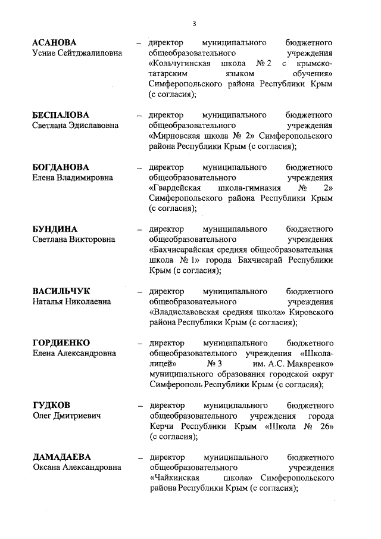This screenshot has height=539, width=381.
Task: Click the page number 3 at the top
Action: pyautogui.click(x=194, y=24)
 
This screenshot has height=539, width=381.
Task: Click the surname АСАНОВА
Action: pyautogui.click(x=54, y=43)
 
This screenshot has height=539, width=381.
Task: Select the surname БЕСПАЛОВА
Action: pyautogui.click(x=61, y=115)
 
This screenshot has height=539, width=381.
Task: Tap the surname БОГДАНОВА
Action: pyautogui.click(x=60, y=167)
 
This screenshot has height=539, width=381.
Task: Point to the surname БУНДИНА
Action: pyautogui.click(x=55, y=229)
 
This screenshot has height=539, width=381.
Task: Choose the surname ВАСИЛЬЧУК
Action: pyautogui.click(x=61, y=291)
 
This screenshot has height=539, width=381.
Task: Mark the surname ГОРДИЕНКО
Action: pyautogui.click(x=61, y=343)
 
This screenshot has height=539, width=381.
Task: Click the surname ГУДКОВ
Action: pyautogui.click(x=51, y=405)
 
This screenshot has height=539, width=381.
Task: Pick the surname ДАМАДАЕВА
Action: pyautogui.click(x=61, y=457)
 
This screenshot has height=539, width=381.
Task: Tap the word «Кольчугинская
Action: pyautogui.click(x=182, y=64)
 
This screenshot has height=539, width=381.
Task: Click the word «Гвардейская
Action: pyautogui.click(x=178, y=188)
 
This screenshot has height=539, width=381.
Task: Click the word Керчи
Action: pyautogui.click(x=162, y=426)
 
